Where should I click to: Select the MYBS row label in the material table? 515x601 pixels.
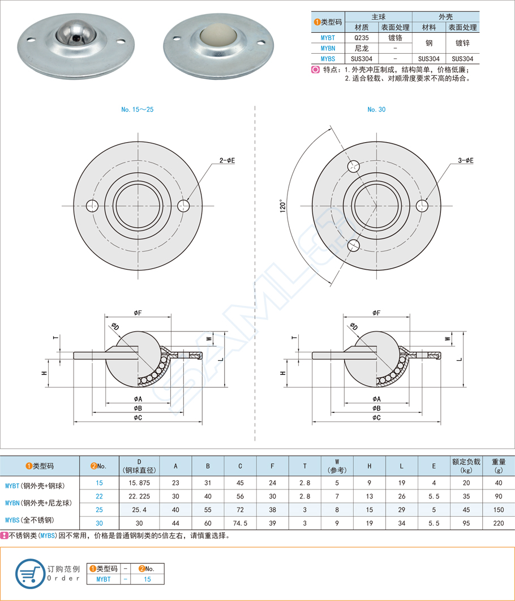point(328,58)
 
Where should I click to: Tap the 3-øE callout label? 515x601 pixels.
point(466,161)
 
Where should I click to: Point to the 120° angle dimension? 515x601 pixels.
point(282,205)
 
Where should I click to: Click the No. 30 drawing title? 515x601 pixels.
point(376,109)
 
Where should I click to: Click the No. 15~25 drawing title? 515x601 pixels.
point(137,109)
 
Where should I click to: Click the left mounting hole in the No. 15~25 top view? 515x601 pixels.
point(92,206)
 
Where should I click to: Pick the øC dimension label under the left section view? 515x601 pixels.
point(138,417)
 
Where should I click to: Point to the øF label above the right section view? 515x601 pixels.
point(376,313)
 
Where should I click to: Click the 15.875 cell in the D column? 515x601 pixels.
point(139,483)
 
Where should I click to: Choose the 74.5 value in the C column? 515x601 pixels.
point(240,523)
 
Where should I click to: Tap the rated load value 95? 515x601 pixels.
point(466,523)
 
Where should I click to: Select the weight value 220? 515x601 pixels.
point(499,523)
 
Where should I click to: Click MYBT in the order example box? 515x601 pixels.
point(103,579)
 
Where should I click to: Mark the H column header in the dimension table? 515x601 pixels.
point(369,466)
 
